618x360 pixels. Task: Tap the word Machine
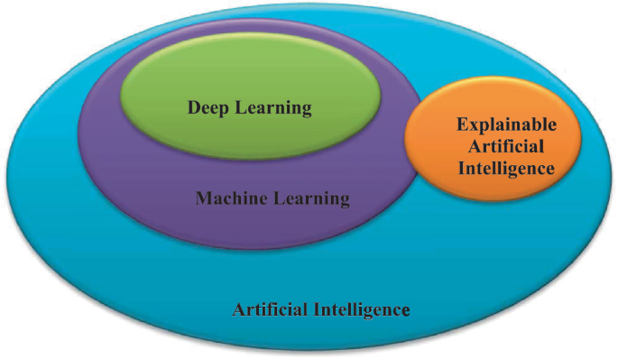[x=226, y=198]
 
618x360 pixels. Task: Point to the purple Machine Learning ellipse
[x=135, y=180]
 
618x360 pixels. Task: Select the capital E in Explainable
[x=462, y=125]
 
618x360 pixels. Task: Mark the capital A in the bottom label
[x=240, y=310]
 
